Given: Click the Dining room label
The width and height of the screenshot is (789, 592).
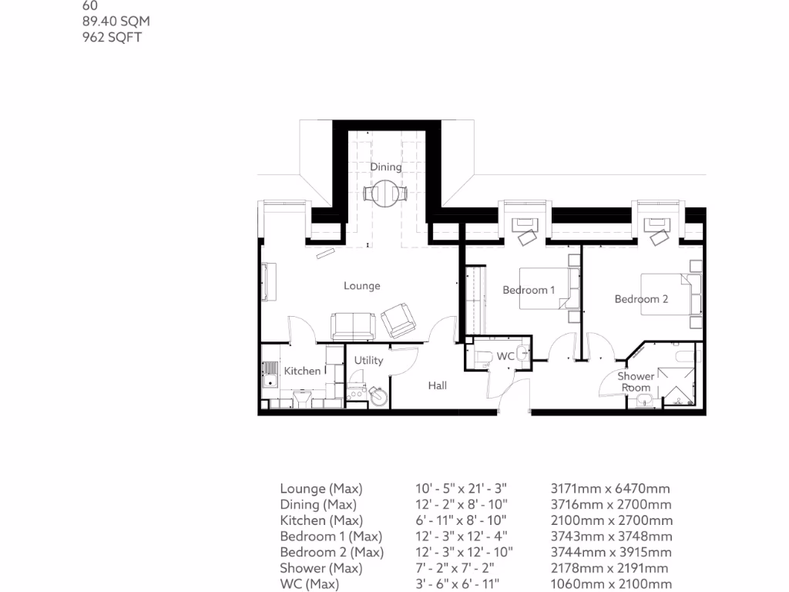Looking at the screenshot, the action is click(x=386, y=166).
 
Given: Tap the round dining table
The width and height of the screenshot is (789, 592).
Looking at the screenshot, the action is click(x=385, y=193).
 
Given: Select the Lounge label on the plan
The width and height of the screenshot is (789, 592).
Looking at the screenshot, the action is click(x=362, y=286).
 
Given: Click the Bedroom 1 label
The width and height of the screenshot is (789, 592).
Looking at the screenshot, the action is click(x=529, y=290).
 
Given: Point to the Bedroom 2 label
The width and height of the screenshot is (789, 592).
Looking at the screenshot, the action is click(x=641, y=299).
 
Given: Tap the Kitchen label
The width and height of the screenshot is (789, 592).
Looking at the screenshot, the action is click(x=302, y=371).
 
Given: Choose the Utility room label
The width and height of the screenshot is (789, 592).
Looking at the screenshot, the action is click(x=368, y=361).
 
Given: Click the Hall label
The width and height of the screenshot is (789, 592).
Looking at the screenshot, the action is click(x=438, y=385).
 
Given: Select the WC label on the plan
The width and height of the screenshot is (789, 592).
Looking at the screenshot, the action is click(x=505, y=356).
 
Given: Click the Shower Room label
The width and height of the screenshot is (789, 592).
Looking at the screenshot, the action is click(x=636, y=382).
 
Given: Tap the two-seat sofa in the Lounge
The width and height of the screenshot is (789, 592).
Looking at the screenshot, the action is click(x=353, y=326).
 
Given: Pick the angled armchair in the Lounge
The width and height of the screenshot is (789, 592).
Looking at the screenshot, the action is click(x=398, y=320).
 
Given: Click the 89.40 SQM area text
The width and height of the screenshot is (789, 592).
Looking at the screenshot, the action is click(x=116, y=21).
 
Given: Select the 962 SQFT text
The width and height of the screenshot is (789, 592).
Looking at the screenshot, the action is click(x=112, y=37).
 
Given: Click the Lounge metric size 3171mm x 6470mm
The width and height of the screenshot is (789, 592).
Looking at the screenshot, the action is click(x=610, y=488).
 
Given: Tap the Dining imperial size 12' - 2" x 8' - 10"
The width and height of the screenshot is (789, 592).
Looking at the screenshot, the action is click(x=462, y=504).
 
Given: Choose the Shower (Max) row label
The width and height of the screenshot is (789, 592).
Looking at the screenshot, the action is click(x=321, y=568).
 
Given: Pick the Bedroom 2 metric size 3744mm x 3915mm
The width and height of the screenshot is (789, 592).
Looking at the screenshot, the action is click(x=611, y=552).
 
